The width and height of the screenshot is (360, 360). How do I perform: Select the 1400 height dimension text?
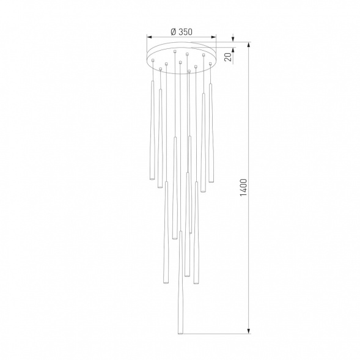click(243, 187)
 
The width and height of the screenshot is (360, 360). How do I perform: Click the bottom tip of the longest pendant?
click(180, 333)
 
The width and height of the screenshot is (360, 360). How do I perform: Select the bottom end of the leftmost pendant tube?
click(150, 181)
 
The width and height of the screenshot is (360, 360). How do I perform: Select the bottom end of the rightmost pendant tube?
click(211, 181)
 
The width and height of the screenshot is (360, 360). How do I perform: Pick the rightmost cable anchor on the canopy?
click(210, 62)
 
